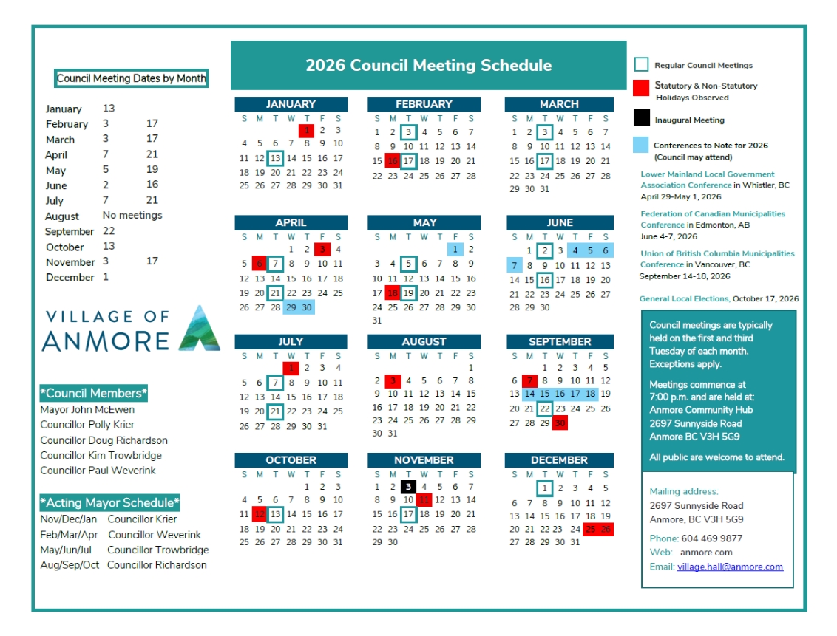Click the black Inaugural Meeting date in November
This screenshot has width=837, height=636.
pos(408,486)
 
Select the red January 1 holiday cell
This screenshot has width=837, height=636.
pos(306,131)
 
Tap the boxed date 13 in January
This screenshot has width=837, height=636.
pos(275,158)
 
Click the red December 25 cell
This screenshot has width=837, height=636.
pos(591,529)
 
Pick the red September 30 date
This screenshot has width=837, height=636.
pos(560,423)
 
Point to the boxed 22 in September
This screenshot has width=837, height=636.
pos(544,408)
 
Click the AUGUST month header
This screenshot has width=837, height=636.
pos(424,342)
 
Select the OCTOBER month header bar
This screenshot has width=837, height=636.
pos(291,460)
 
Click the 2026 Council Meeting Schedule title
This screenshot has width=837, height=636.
pos(428,66)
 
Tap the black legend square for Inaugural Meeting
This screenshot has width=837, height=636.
pos(642,117)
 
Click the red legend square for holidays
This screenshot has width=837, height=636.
pos(642,88)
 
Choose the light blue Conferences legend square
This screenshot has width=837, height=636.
pos(642,146)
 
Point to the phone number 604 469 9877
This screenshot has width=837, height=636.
pos(711,538)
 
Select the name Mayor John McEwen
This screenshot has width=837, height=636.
pos(87,410)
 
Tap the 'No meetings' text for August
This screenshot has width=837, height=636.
pos(132,216)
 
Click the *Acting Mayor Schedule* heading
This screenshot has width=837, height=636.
pos(109,503)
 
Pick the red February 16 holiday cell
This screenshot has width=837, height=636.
pos(393,161)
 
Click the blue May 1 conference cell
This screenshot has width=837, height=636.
pos(455,250)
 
